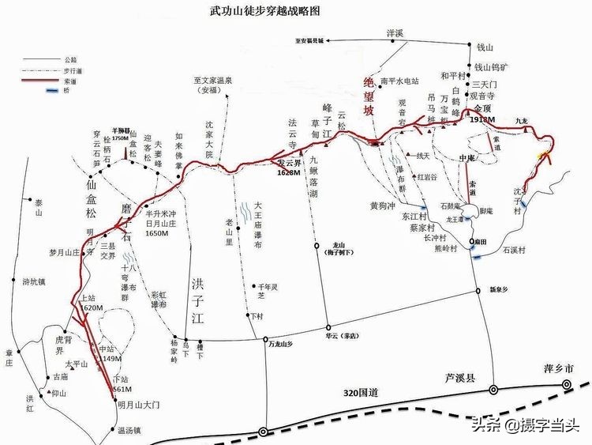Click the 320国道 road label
tap(362, 393)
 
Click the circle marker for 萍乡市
tap(567, 384)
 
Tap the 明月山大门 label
tap(139, 404)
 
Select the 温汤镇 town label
tap(128, 431)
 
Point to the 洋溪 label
tap(395, 32)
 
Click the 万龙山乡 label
tap(280, 345)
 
